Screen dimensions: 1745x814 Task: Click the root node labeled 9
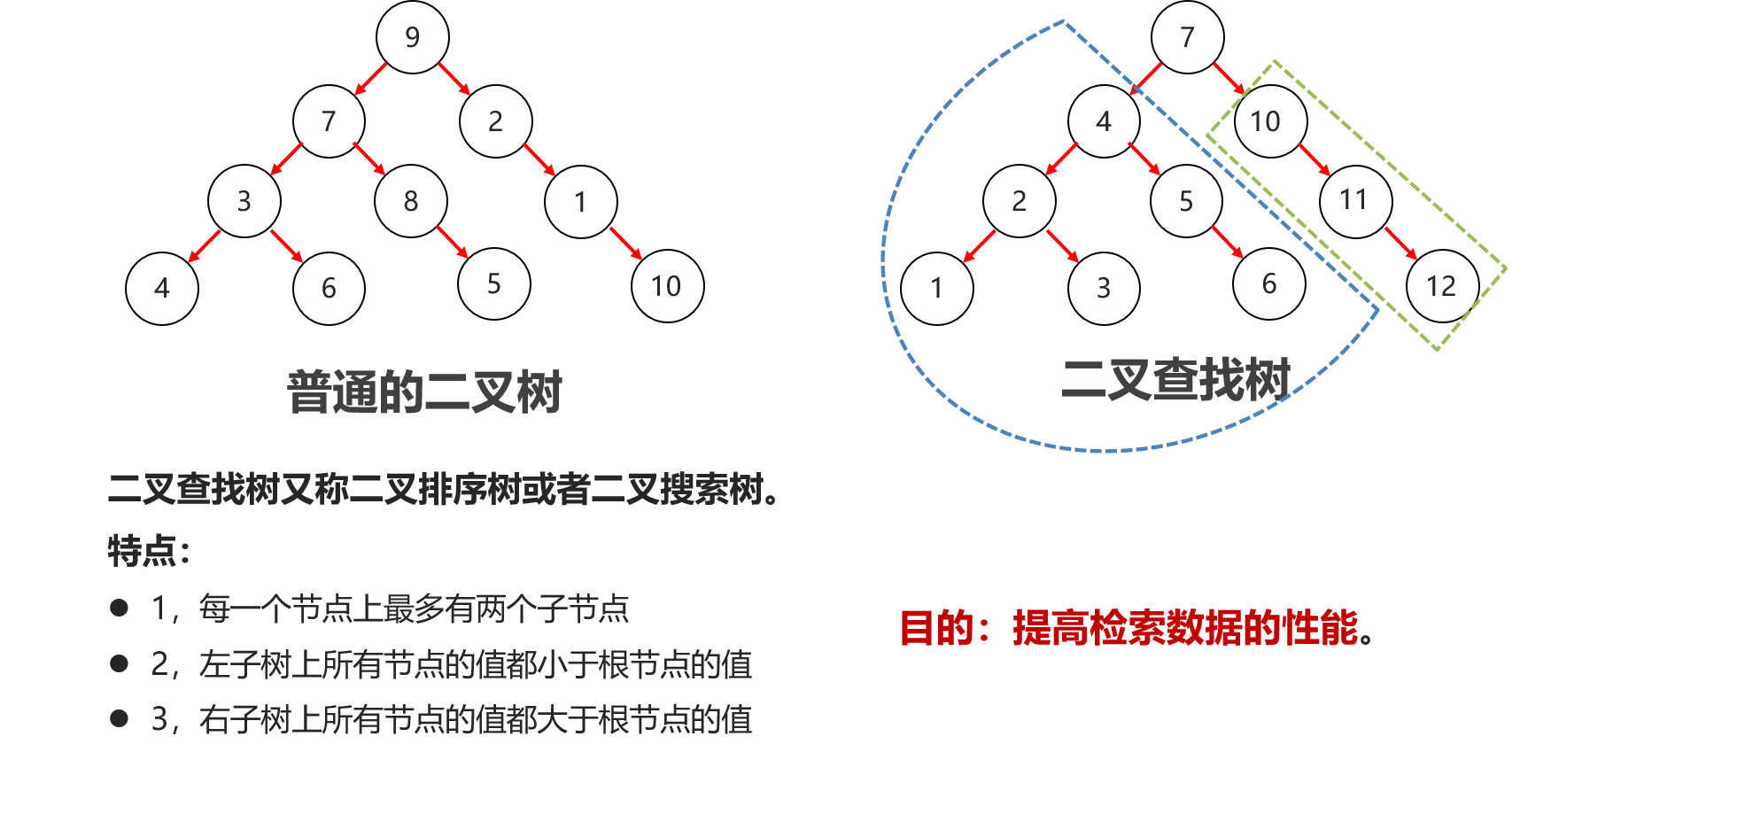(413, 37)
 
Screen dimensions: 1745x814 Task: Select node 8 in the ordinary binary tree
(411, 201)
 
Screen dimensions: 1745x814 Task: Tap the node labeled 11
(1355, 201)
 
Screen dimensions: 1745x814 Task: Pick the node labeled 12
(1443, 286)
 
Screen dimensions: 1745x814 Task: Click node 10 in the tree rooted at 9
(668, 286)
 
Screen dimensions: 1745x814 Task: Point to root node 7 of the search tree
(1188, 37)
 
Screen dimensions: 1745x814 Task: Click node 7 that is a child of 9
(330, 121)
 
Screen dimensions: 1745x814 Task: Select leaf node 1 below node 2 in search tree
(937, 289)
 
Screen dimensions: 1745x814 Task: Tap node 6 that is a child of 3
(329, 289)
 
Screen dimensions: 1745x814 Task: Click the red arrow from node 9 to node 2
(454, 79)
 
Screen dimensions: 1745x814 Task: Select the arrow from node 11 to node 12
(1400, 244)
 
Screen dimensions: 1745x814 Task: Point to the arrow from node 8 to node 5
(452, 242)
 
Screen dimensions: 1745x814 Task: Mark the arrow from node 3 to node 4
(204, 246)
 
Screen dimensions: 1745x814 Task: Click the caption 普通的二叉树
(424, 392)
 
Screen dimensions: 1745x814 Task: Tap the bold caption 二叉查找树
(1176, 380)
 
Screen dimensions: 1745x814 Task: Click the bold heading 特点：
(149, 551)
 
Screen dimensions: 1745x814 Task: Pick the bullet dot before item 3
(119, 718)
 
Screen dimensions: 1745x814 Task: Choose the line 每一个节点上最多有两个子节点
(414, 609)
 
